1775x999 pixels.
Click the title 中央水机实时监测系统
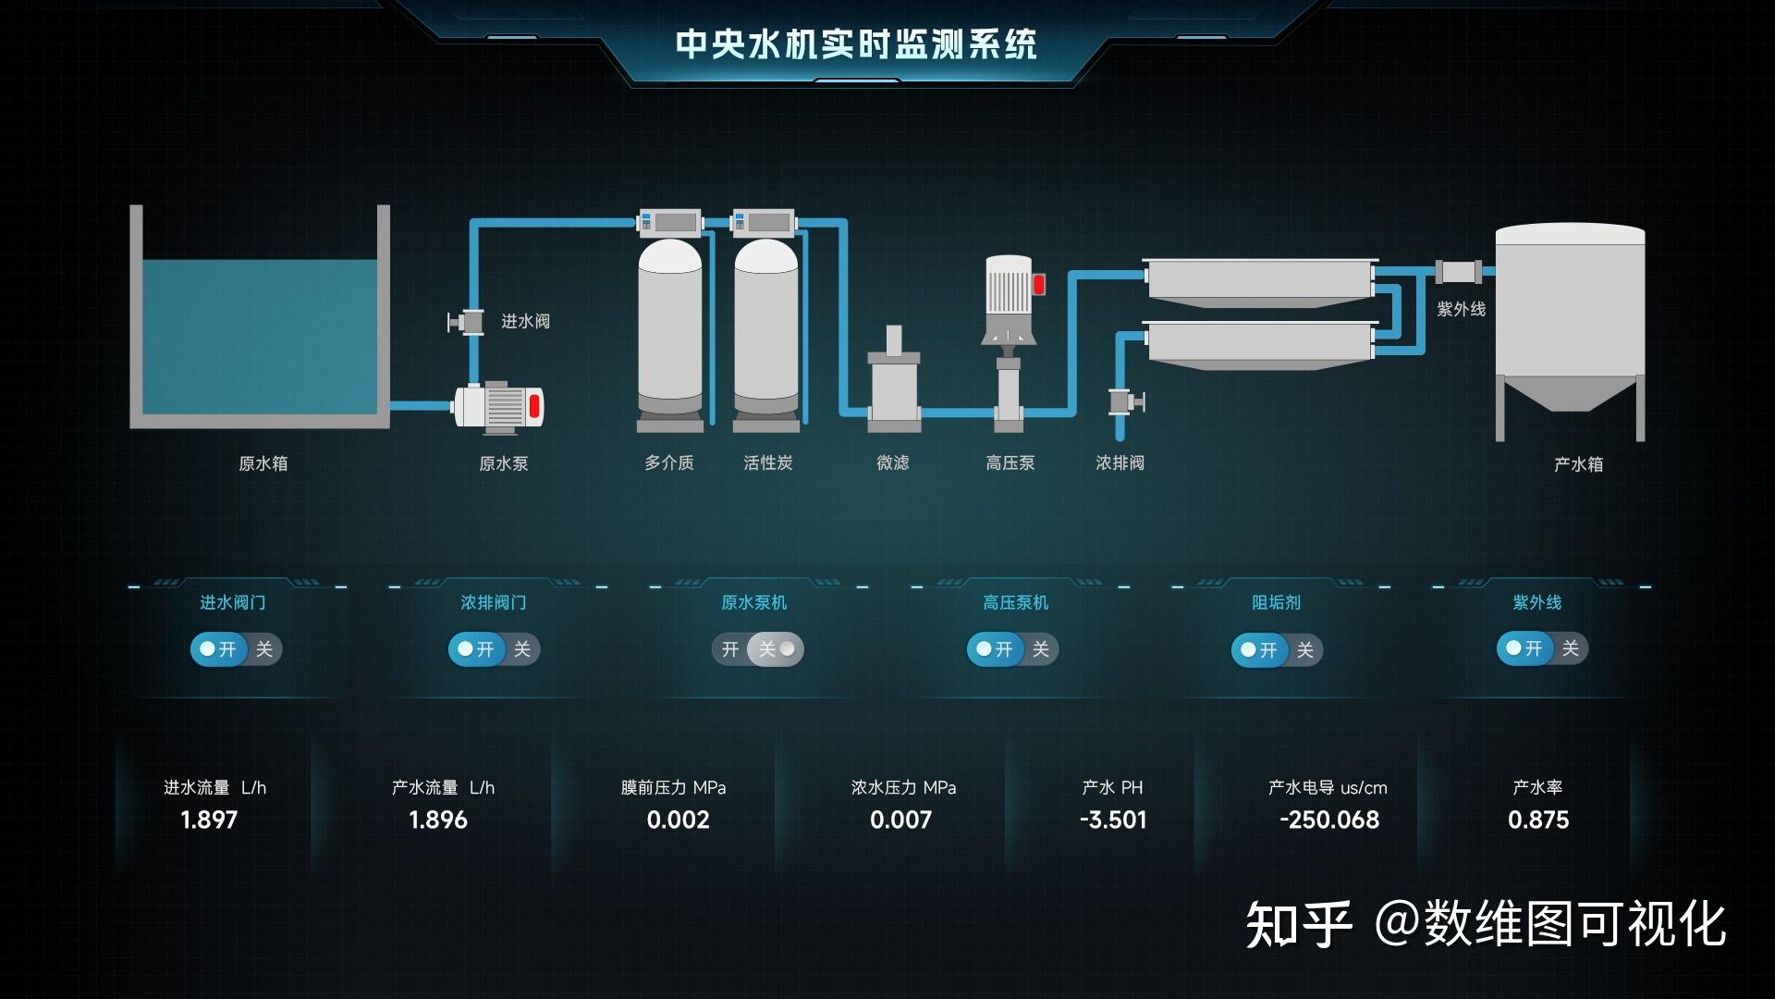856,44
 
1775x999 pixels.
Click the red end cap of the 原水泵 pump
534,406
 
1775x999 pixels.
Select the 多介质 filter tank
669,328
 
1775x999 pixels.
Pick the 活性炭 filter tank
766,328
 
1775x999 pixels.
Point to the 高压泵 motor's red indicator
1038,285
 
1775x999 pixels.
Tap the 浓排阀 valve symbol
1125,401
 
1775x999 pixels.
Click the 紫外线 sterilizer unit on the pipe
1459,272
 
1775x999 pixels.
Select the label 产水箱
1578,464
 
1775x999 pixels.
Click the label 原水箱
263,463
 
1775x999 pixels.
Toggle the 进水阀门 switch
236,649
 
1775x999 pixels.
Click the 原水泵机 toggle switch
757,649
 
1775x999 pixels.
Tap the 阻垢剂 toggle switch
1277,650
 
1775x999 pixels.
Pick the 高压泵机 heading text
1015,603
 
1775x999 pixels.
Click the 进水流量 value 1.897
209,820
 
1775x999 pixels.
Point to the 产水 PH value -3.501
1113,820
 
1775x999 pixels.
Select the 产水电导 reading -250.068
1328,820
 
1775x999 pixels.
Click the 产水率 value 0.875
1538,820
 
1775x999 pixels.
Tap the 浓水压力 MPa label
903,788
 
